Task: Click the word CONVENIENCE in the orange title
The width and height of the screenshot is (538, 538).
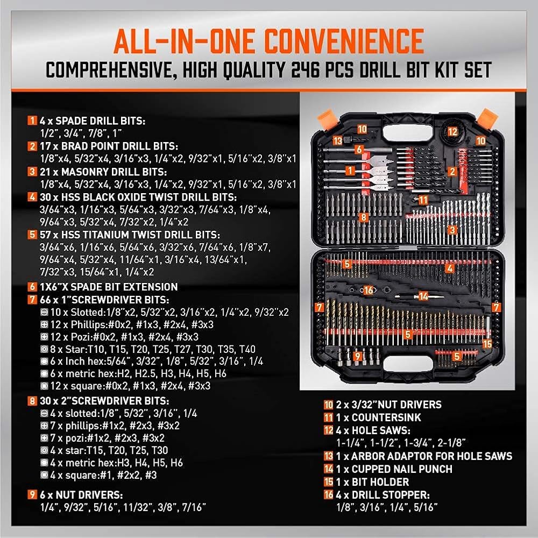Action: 344,41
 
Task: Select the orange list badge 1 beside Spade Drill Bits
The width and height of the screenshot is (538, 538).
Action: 32,121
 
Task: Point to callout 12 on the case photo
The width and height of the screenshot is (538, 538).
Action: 452,132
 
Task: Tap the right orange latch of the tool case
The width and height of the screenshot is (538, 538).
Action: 487,119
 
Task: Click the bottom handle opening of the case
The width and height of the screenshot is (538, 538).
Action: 407,364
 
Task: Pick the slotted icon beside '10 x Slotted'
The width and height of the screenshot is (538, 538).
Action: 44,312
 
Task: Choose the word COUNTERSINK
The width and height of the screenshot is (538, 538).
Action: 386,417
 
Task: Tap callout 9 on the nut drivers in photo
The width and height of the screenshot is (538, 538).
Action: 358,356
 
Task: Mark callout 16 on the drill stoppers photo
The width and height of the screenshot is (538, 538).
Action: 368,291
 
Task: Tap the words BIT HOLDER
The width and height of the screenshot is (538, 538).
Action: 380,482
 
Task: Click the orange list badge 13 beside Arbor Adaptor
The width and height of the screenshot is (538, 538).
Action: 328,456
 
